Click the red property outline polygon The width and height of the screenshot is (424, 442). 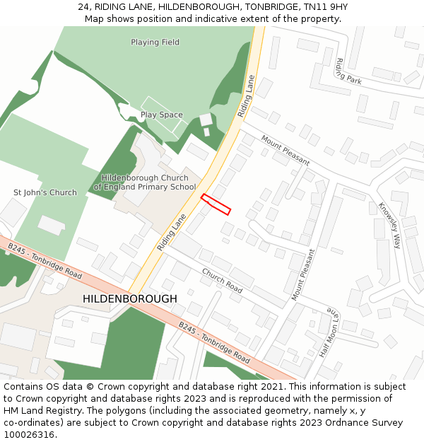pos(216,204)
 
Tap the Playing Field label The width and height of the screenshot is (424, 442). pos(155,42)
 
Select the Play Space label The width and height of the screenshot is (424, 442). pos(161,115)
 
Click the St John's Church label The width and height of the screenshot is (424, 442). pos(45,192)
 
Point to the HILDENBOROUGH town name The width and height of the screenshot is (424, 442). pos(130,299)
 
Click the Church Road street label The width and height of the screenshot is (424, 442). pos(222,281)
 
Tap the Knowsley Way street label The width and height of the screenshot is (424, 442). pos(389,225)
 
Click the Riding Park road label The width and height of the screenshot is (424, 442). pos(349,71)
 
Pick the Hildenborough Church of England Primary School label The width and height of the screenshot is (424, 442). pos(145,182)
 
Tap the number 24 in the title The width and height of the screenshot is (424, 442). pos(83,7)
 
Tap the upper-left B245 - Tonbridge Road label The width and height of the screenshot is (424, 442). pos(45,260)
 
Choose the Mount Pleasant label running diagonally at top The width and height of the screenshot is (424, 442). pos(285,150)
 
